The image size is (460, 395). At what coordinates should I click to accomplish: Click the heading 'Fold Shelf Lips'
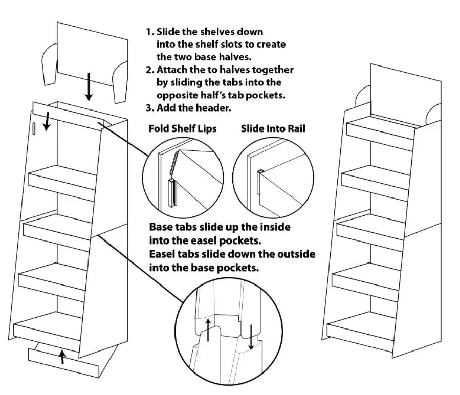click(182, 128)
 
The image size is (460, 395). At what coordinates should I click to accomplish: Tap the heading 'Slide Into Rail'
click(273, 128)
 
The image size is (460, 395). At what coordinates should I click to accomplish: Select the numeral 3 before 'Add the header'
click(149, 108)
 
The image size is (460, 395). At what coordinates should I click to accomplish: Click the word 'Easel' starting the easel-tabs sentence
click(163, 254)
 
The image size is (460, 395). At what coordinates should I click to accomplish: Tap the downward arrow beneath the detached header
click(89, 86)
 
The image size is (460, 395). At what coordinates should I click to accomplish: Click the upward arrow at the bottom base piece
click(62, 356)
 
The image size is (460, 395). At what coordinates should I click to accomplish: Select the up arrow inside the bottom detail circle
click(208, 330)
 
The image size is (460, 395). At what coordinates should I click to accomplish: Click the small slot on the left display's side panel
click(34, 128)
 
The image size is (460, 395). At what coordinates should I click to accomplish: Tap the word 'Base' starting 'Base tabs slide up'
click(161, 227)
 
